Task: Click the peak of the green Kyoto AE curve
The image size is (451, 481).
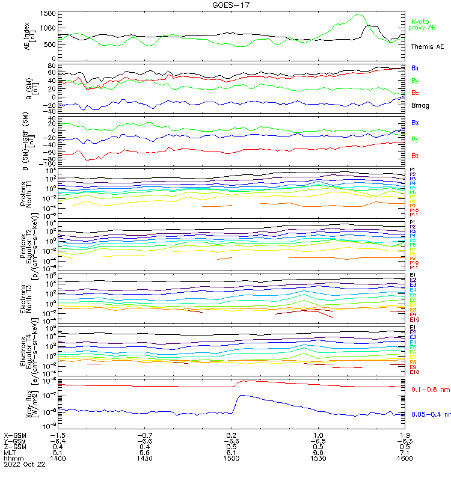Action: [360, 14]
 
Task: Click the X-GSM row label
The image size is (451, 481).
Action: [15, 435]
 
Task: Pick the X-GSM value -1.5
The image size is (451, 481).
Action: [57, 435]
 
